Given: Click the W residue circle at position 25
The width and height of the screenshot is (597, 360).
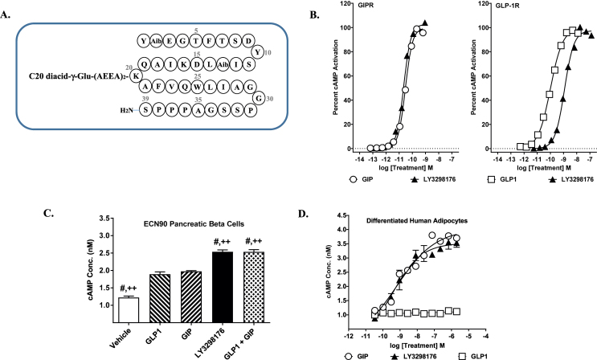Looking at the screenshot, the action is point(197,87).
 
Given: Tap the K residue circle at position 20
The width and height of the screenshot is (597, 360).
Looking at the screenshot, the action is point(135,76).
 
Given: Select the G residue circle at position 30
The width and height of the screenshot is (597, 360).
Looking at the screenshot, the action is point(260,98).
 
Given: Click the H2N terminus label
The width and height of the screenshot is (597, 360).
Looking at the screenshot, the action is point(127,110).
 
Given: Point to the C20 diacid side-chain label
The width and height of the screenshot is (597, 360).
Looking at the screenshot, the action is point(80,76).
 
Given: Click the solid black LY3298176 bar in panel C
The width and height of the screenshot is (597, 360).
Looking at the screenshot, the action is point(223,287).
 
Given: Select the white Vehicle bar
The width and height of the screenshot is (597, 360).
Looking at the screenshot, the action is point(129,310).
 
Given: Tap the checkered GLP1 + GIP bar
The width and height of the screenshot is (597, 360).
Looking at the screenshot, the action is point(254,287).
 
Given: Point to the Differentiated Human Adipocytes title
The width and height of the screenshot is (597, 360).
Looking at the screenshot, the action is point(417,220).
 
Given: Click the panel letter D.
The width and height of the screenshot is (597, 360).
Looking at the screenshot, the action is point(304,214).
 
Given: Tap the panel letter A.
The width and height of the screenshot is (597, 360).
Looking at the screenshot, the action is point(6,15).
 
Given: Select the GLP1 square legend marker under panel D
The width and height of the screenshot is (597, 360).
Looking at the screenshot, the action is point(463,356).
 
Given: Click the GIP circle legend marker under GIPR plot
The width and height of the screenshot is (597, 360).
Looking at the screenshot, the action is point(353,178).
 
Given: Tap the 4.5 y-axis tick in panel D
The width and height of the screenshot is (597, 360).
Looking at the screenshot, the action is point(341,215).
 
